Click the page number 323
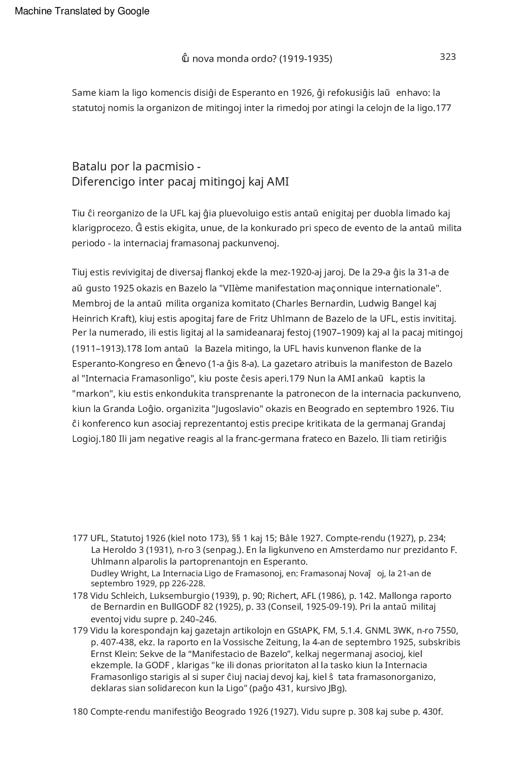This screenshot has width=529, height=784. coord(447,57)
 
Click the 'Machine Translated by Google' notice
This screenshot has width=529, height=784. coord(82,11)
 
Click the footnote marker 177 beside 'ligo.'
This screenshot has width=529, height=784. coord(444,108)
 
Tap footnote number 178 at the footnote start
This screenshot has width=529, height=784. coord(80,596)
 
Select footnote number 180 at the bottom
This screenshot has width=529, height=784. coord(80,712)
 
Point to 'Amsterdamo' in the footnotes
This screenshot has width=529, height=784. coord(361,550)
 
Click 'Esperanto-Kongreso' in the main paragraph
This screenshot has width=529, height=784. coord(110,363)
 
